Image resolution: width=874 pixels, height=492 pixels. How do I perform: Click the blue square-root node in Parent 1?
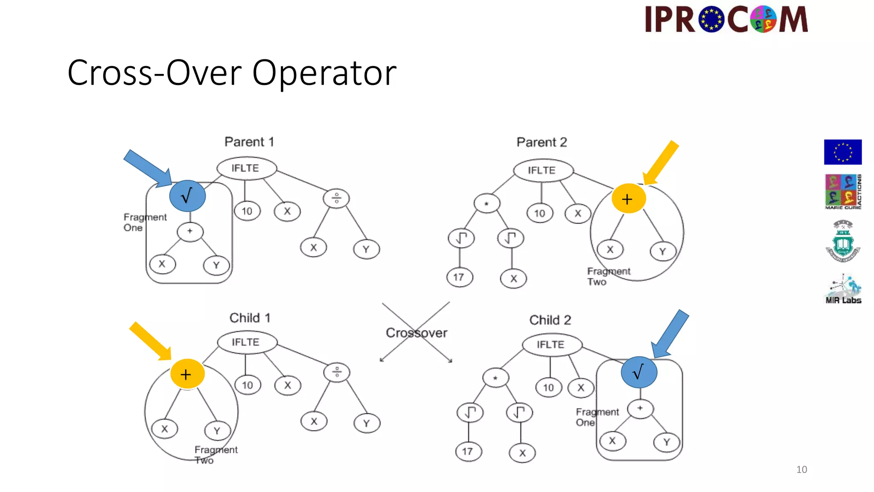click(187, 196)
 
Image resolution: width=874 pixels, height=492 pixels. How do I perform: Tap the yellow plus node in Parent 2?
click(628, 199)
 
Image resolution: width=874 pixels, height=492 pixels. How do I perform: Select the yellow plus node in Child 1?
click(187, 374)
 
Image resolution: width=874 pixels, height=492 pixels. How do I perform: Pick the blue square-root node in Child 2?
click(639, 372)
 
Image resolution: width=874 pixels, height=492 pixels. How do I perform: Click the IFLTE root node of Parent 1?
click(246, 168)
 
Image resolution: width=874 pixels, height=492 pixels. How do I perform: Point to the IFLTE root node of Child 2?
click(551, 345)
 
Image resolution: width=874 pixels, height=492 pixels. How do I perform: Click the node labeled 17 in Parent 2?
click(459, 277)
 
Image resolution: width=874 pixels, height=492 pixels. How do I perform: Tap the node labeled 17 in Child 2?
click(468, 451)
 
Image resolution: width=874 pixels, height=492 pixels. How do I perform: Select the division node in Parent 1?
click(336, 199)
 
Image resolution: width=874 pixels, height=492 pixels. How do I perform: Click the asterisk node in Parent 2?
click(487, 203)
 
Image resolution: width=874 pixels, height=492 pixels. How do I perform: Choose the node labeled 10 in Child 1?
click(248, 385)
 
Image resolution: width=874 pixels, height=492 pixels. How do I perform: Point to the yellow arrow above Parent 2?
click(661, 163)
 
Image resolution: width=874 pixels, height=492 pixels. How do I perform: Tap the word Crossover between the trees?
click(416, 333)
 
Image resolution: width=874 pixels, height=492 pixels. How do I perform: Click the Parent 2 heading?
click(542, 142)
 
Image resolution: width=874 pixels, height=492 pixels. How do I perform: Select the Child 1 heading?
click(250, 318)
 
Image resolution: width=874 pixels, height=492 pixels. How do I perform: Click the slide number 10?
click(801, 469)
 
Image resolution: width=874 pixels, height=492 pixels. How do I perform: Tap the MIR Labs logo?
click(843, 290)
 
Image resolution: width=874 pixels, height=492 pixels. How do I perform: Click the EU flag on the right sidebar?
click(842, 152)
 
